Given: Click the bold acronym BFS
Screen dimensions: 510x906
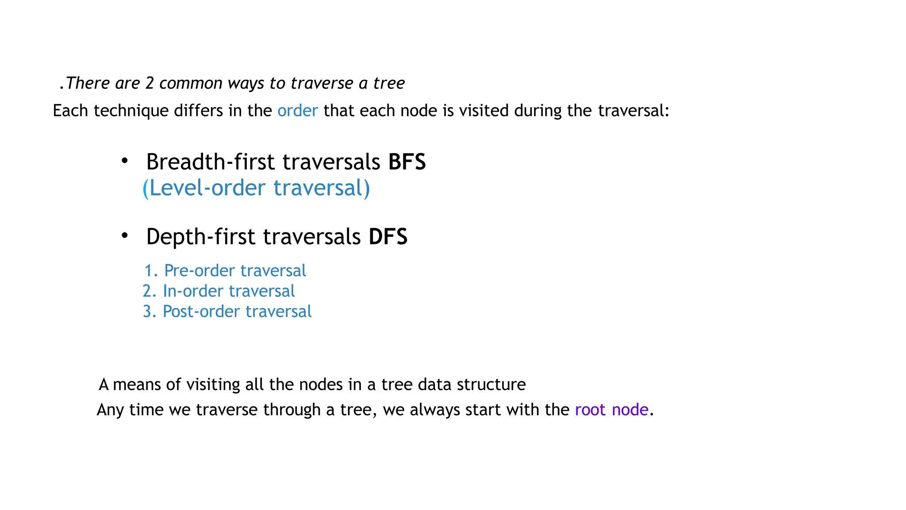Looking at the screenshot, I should point(407,162).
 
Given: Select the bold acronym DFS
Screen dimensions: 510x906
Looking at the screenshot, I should point(388,237).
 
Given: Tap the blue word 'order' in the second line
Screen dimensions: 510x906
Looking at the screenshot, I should point(297,111).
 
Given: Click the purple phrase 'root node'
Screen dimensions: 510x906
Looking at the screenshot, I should point(611,410).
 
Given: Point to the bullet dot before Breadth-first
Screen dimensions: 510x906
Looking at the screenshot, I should point(125,161).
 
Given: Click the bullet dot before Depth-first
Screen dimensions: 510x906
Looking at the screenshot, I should point(125,236).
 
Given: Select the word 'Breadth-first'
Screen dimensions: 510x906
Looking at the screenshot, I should point(210,162).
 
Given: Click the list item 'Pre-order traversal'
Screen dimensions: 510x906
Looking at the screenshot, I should point(235,271).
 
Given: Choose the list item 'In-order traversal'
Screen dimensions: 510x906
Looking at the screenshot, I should point(229,291).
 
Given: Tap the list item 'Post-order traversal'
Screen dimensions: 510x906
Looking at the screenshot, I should point(237,312).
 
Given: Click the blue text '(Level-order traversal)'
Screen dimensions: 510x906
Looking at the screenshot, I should point(256,188).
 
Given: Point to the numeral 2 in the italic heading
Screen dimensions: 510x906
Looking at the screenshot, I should point(150,84).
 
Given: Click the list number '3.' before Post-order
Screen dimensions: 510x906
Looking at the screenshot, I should point(150,312).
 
